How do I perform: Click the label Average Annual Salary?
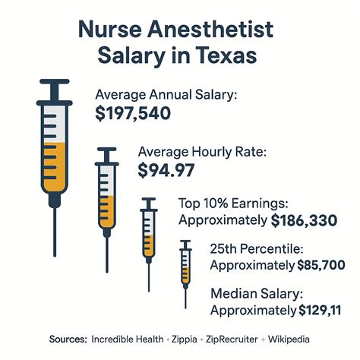166,94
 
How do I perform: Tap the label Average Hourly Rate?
202,151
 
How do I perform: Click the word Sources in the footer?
65,339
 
